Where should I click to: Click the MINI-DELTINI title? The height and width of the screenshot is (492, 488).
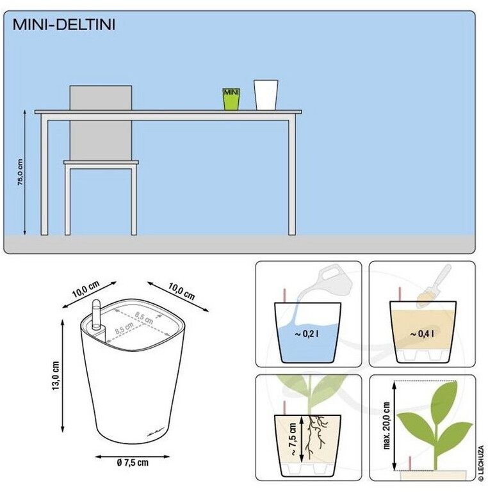64,24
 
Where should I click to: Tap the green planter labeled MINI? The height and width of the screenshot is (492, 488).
231,99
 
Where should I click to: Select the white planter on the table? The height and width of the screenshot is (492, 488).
266,95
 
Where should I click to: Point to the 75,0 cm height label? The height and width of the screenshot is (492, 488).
20,172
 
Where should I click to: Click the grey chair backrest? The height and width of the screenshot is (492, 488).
101,122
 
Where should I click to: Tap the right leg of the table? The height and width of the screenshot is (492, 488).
292,178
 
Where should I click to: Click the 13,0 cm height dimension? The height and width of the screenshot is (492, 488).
56,376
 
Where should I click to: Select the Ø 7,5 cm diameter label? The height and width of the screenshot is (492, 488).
133,463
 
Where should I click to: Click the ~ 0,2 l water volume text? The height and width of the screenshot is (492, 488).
307,334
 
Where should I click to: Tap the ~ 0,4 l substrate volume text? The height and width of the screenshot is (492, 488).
423,334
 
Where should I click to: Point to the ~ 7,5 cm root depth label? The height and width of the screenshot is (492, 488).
292,440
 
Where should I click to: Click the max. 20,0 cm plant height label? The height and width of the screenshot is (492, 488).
387,426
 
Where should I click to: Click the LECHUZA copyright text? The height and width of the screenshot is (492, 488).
481,464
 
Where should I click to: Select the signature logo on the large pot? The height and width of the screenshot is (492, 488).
156,434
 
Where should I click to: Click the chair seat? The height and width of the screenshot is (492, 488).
101,163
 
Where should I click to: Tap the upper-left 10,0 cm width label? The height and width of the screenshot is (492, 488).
86,289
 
